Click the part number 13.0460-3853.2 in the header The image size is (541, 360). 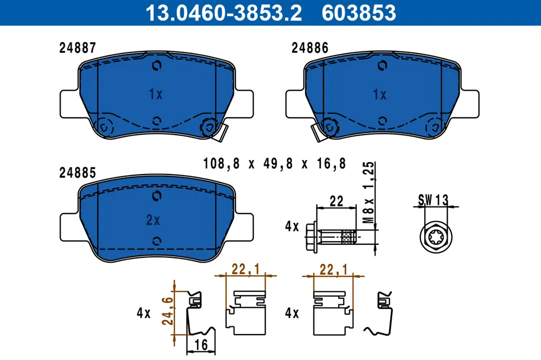click(x=223, y=13)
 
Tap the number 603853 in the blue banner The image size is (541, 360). click(x=359, y=13)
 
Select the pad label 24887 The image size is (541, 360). click(x=77, y=48)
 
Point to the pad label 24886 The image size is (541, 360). click(x=310, y=48)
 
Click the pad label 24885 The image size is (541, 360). click(x=77, y=173)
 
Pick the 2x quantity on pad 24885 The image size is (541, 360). click(x=153, y=220)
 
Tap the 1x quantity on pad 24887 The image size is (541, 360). click(x=156, y=94)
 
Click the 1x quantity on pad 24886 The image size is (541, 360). click(x=380, y=95)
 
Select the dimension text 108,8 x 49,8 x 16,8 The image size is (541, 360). click(x=275, y=163)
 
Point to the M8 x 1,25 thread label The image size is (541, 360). click(x=369, y=192)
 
